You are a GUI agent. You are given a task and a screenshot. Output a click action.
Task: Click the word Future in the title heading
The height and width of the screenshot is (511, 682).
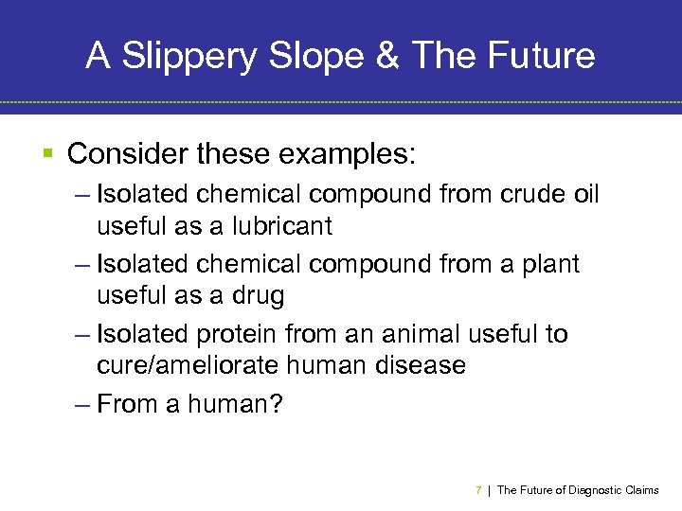click(x=544, y=57)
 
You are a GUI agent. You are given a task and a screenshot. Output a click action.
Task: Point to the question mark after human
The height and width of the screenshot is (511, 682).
click(x=276, y=403)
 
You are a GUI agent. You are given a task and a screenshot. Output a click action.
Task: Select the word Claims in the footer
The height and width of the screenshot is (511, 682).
click(x=642, y=490)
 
